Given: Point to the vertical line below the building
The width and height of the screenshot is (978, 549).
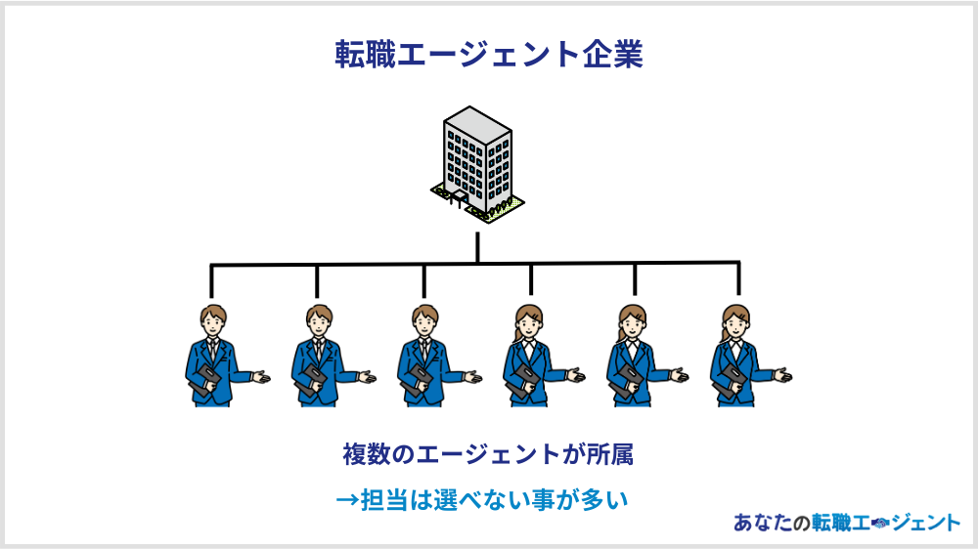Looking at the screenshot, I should coord(477,246).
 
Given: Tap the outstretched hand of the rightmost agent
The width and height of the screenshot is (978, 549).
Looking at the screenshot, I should coord(782,374).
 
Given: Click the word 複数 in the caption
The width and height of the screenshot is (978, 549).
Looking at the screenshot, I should coord(367,455).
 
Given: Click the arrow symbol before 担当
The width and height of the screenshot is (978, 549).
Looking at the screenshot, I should coord(348,500).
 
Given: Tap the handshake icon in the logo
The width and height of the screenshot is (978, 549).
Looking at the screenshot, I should coord(877,524).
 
